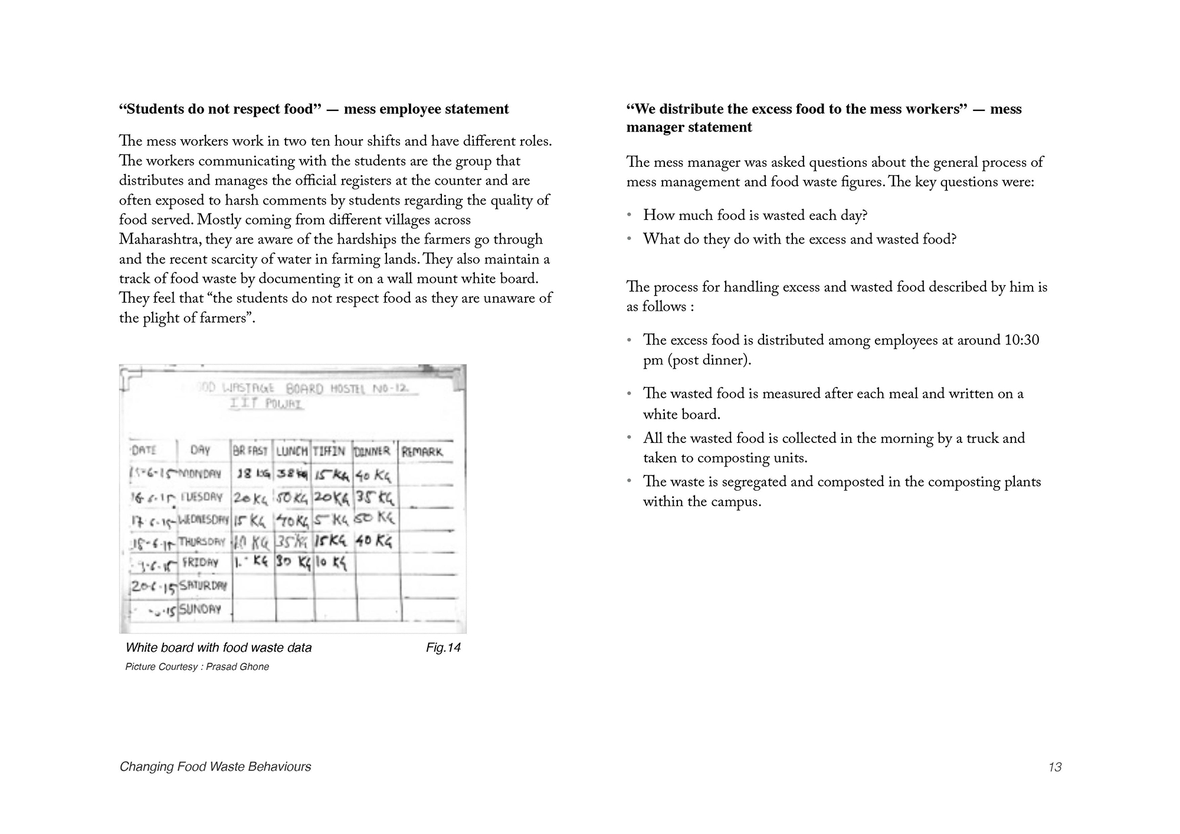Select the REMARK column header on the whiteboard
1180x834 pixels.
tap(422, 452)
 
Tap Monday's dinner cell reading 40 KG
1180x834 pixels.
tap(373, 475)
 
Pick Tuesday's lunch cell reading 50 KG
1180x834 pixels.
tap(293, 498)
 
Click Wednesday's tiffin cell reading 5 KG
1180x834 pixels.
tap(332, 520)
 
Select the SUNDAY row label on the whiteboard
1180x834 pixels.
tap(200, 609)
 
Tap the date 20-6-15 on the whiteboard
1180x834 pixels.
tap(153, 587)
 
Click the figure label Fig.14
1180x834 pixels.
tap(443, 648)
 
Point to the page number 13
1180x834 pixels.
tap(1055, 767)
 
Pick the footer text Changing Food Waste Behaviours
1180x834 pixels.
tap(215, 767)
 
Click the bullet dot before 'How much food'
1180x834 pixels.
tap(630, 215)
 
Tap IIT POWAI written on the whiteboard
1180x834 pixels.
tap(267, 404)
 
